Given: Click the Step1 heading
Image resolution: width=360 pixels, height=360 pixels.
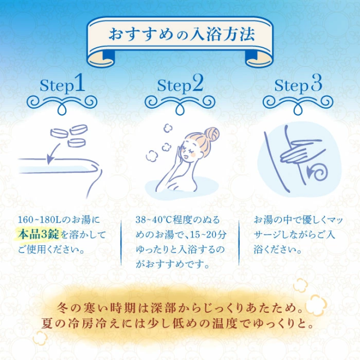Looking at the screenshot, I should point(62,85).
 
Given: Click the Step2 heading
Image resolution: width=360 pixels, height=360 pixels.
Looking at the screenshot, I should point(180,85).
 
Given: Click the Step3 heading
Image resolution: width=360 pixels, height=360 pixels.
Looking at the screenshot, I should point(298,85).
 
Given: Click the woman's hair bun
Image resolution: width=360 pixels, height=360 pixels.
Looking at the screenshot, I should point(212,134).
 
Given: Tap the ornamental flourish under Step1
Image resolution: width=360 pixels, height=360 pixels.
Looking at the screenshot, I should point(62,102).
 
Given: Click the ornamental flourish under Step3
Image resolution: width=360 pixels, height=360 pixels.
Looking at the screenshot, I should point(298,102).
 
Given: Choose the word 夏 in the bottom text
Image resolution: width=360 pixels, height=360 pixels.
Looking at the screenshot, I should point(48,325).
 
